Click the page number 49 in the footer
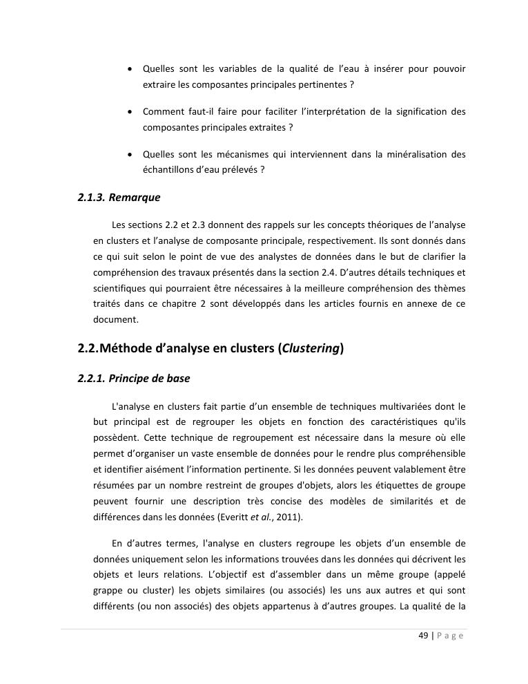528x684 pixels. pos(424,636)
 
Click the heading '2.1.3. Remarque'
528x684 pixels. pos(119,198)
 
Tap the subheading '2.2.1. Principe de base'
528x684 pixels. pos(133,379)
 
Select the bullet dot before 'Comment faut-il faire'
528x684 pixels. pos(130,112)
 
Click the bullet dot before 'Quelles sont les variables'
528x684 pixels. pos(130,70)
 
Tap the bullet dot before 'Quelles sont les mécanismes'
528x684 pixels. pos(130,155)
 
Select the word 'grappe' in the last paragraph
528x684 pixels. pos(107,591)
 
